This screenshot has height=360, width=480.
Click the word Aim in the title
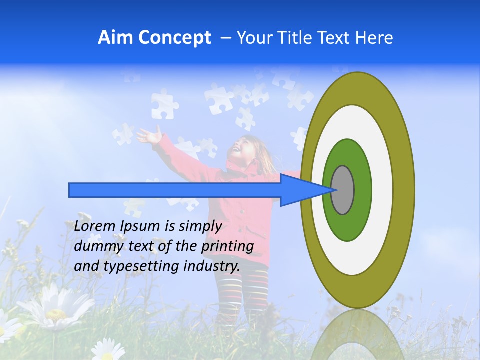click(x=115, y=38)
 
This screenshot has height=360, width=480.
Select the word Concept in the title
click(x=174, y=38)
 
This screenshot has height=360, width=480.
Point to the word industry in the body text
click(x=211, y=266)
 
